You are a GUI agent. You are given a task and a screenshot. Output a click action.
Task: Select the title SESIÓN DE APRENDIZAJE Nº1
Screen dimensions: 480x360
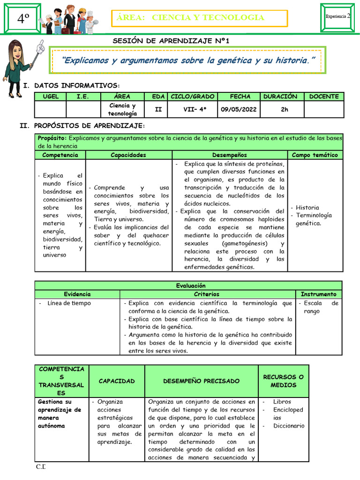[171, 41]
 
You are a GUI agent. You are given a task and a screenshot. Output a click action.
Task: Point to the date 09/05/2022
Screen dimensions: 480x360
[240, 110]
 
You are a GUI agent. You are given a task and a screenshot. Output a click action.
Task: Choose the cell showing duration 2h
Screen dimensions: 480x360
[280, 110]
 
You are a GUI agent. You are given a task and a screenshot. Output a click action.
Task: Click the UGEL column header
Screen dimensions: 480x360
[51, 97]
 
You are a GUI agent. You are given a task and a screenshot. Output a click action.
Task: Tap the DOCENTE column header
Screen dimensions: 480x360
[323, 97]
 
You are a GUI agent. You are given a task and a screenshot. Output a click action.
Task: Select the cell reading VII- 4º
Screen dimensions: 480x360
[192, 110]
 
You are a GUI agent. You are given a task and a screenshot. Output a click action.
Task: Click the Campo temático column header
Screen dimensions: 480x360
[315, 155]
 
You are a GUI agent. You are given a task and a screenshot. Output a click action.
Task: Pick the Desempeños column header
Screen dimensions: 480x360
[229, 155]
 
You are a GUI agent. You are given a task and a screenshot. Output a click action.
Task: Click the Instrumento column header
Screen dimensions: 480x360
[318, 294]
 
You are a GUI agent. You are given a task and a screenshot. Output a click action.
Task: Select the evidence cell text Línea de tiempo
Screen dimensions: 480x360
[69, 303]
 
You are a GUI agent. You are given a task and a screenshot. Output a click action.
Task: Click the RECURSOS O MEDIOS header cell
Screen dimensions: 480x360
[283, 381]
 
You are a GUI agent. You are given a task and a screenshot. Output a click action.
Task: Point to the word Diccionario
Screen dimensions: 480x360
[288, 426]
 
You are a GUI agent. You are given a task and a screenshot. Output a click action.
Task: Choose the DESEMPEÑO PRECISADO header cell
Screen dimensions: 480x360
[201, 381]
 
